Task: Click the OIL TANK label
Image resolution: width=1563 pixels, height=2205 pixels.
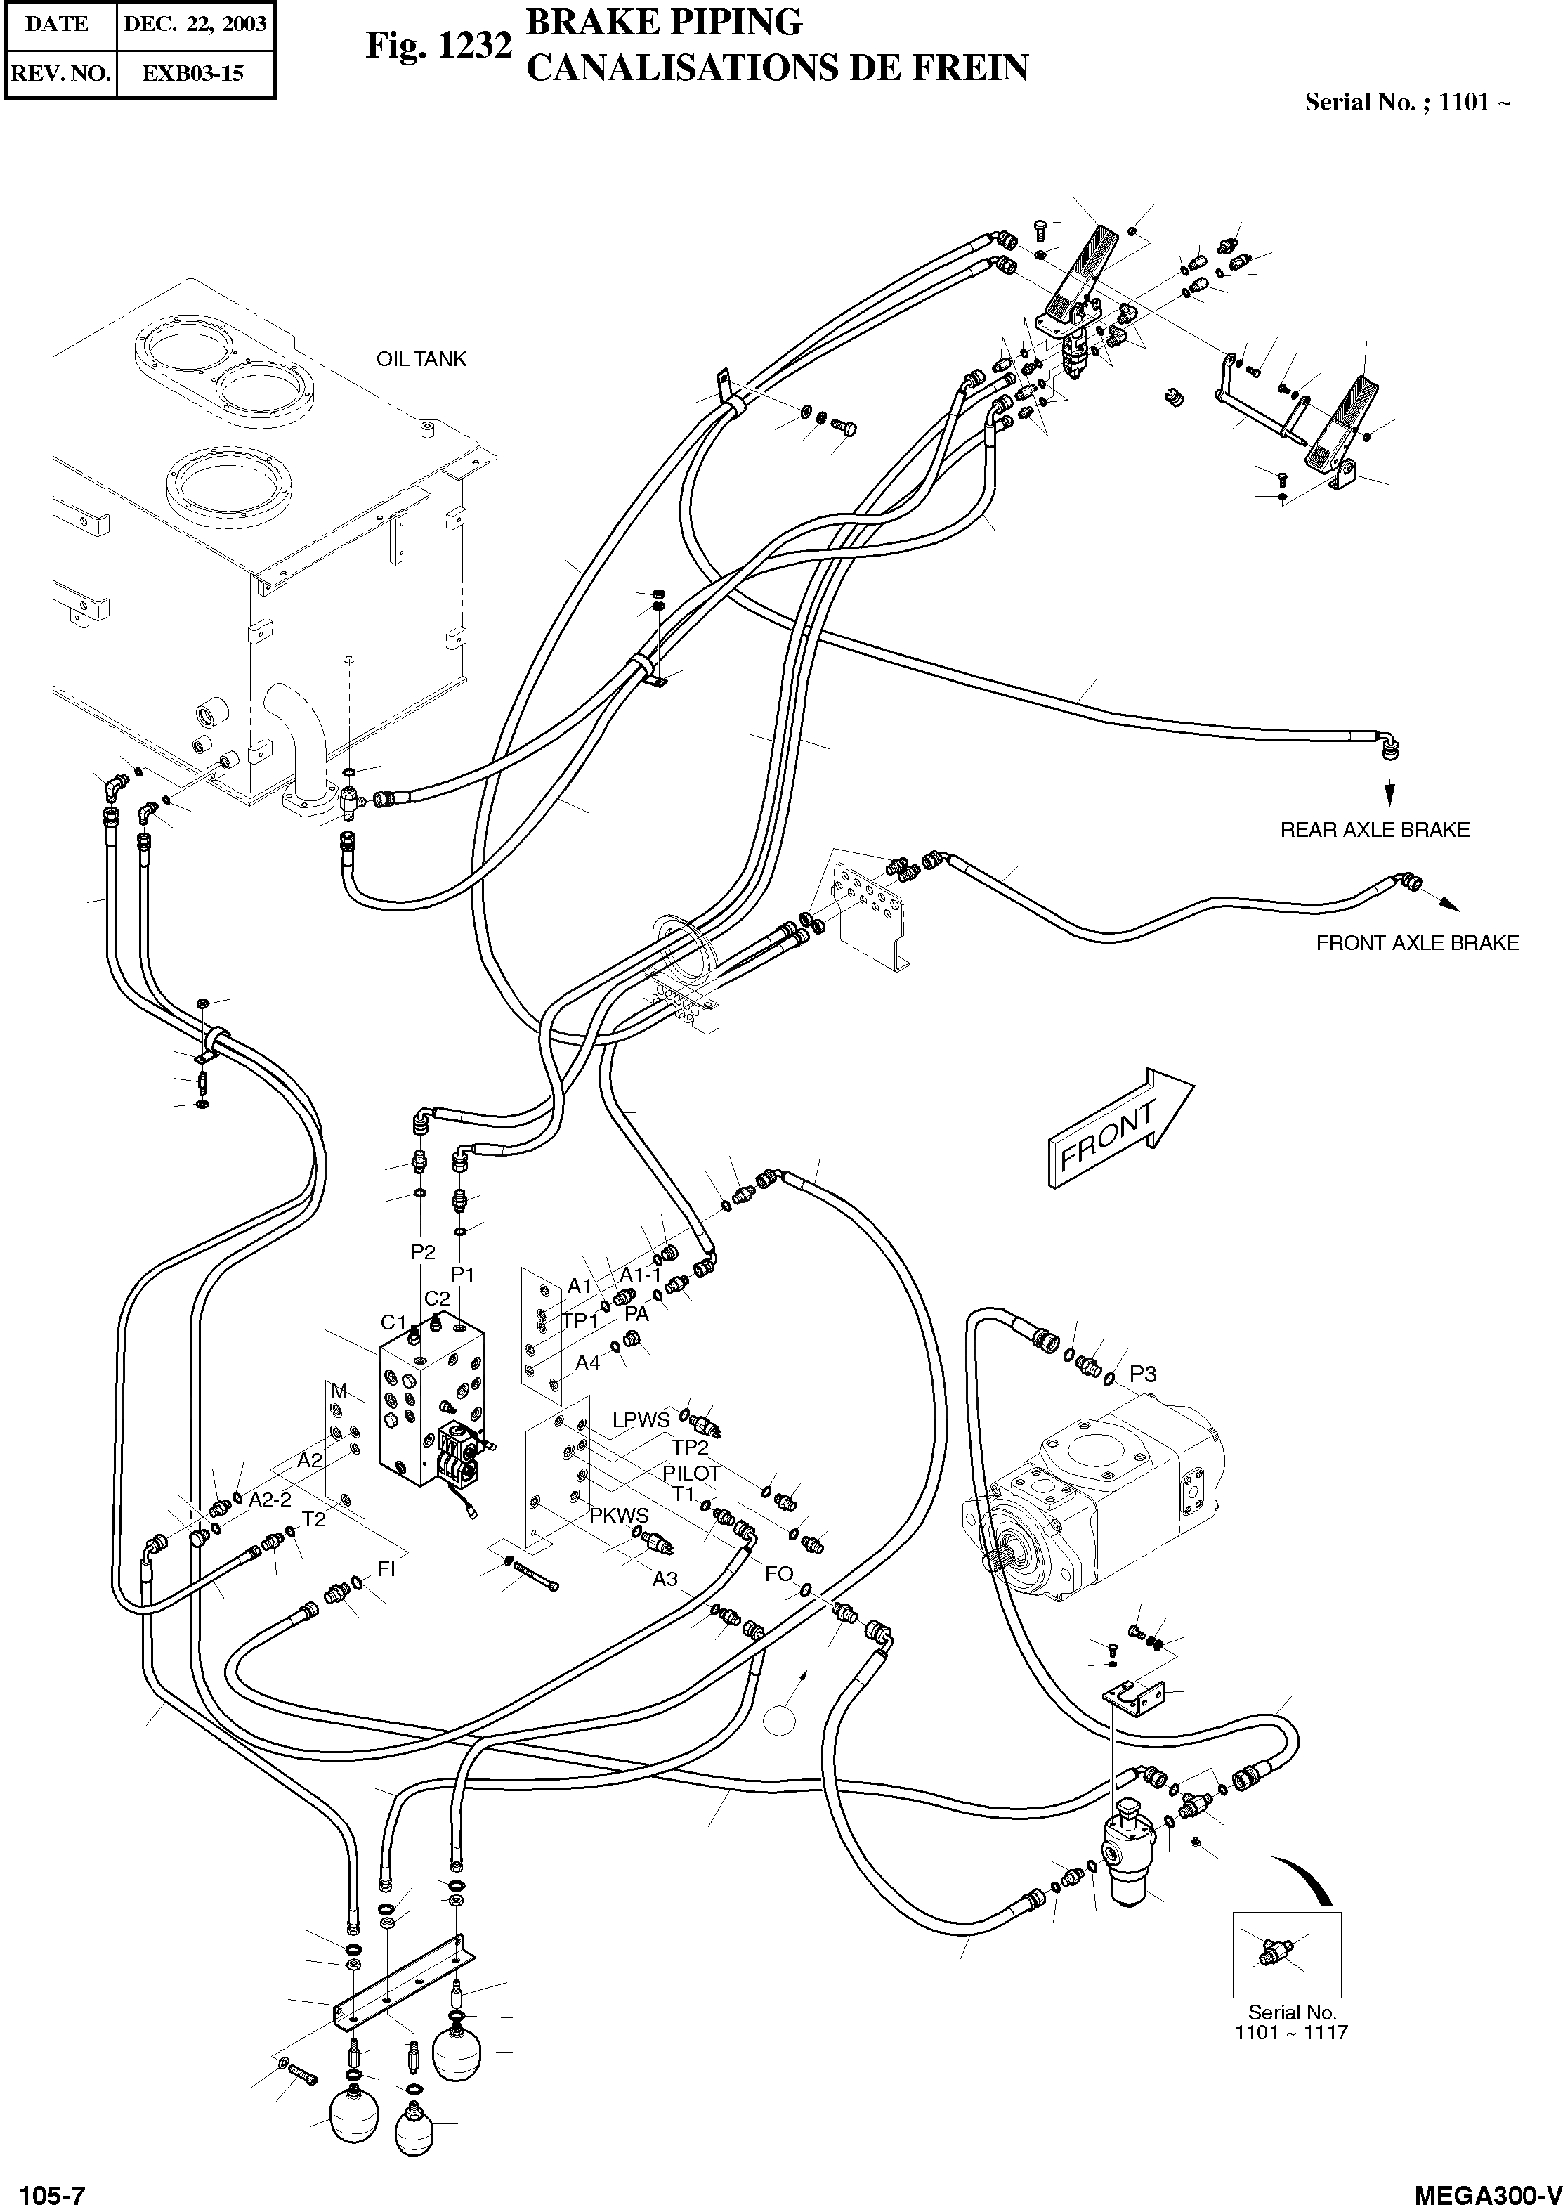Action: (421, 359)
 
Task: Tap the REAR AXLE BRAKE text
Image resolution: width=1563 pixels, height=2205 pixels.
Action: (1374, 830)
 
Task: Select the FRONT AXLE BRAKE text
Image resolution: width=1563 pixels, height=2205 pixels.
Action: (1417, 943)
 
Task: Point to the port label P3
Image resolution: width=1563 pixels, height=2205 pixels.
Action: (1142, 1374)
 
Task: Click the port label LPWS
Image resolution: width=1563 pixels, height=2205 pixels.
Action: (641, 1419)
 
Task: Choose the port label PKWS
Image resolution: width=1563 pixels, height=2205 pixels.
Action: (619, 1516)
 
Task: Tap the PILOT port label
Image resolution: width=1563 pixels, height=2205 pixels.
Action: (691, 1473)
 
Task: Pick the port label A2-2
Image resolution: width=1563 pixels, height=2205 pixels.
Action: (270, 1500)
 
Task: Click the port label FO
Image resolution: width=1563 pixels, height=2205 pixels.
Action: (778, 1573)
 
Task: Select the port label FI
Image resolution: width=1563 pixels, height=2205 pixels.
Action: (386, 1568)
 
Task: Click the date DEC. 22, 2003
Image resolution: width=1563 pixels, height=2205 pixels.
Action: (195, 24)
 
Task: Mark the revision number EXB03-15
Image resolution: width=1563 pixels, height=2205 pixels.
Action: (192, 73)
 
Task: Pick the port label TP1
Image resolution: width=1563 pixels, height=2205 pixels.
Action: (580, 1320)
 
